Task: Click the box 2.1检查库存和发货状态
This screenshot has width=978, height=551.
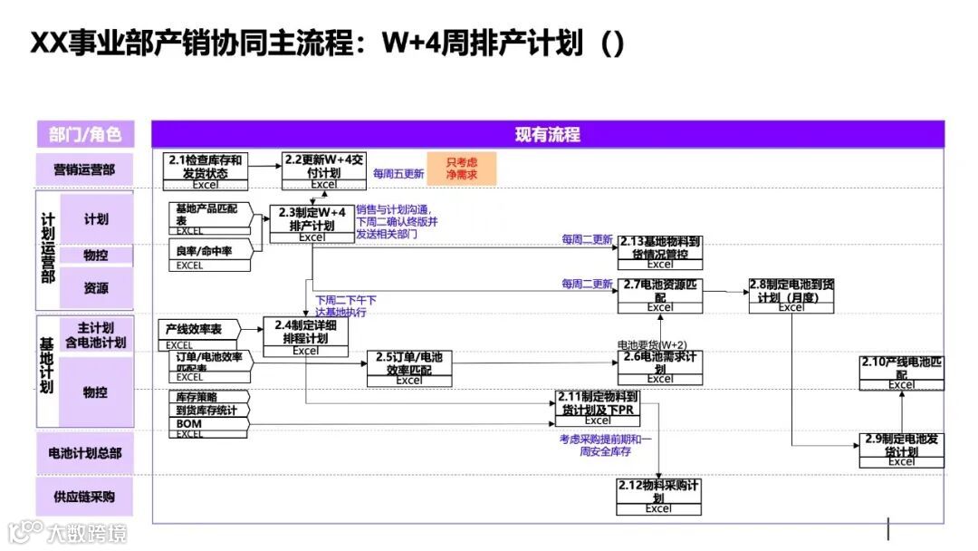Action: pyautogui.click(x=206, y=167)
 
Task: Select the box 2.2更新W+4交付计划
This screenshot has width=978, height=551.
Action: pyautogui.click(x=323, y=167)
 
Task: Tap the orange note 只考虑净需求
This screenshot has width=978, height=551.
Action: pyautogui.click(x=462, y=169)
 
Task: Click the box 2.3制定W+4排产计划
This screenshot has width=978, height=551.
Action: pyautogui.click(x=312, y=219)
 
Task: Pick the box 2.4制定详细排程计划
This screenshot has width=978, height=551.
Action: pyautogui.click(x=305, y=332)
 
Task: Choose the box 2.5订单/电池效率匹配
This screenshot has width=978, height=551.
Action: pyautogui.click(x=408, y=364)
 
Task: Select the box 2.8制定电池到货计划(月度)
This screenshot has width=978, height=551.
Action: pyautogui.click(x=791, y=291)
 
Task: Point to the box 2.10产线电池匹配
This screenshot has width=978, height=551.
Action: pyautogui.click(x=901, y=369)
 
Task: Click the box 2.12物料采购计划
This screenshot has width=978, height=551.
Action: pyautogui.click(x=658, y=492)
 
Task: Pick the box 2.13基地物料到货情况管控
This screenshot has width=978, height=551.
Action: pyautogui.click(x=660, y=248)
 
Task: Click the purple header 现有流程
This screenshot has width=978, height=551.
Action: pyautogui.click(x=547, y=134)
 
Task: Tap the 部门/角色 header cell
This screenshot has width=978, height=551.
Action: pyautogui.click(x=85, y=134)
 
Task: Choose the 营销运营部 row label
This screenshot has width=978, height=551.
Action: pyautogui.click(x=84, y=169)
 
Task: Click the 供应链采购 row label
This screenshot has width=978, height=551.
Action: pyautogui.click(x=84, y=496)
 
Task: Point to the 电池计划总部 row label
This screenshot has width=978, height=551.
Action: pyautogui.click(x=84, y=452)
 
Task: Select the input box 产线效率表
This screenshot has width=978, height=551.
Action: pyautogui.click(x=192, y=329)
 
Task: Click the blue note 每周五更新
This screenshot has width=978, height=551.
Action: pyautogui.click(x=398, y=173)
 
